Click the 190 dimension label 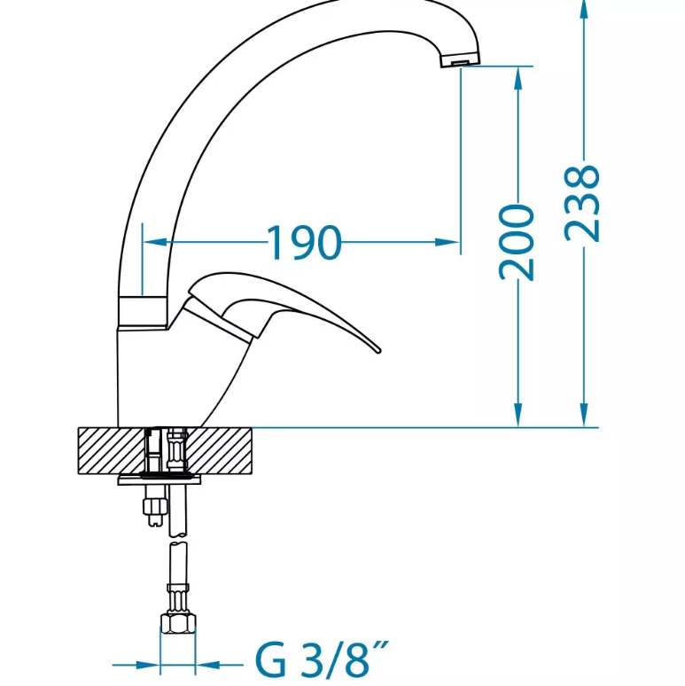(x=304, y=242)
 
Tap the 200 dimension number (x=517, y=242)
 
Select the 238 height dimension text (x=581, y=203)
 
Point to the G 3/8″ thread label (x=322, y=659)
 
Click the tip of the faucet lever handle (x=378, y=350)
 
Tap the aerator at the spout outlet (x=460, y=59)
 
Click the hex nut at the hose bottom (x=178, y=622)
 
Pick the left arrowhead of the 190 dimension (x=155, y=242)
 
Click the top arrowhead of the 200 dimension (x=518, y=79)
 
